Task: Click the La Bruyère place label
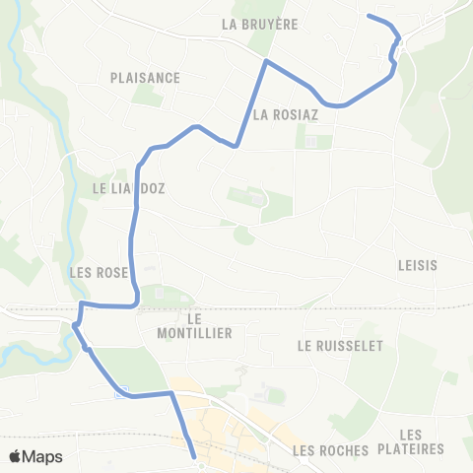pos(260,24)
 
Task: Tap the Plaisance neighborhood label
pos(146,78)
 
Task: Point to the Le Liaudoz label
pos(121,187)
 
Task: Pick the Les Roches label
pos(330,450)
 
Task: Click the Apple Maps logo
pos(36,456)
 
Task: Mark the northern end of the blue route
pos(369,16)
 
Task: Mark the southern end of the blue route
pos(193,455)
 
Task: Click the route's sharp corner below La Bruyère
pos(265,61)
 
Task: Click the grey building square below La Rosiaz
pos(311,142)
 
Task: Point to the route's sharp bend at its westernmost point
pos(74,324)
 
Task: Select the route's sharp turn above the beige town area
pos(172,393)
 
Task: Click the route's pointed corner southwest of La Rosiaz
pos(236,146)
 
